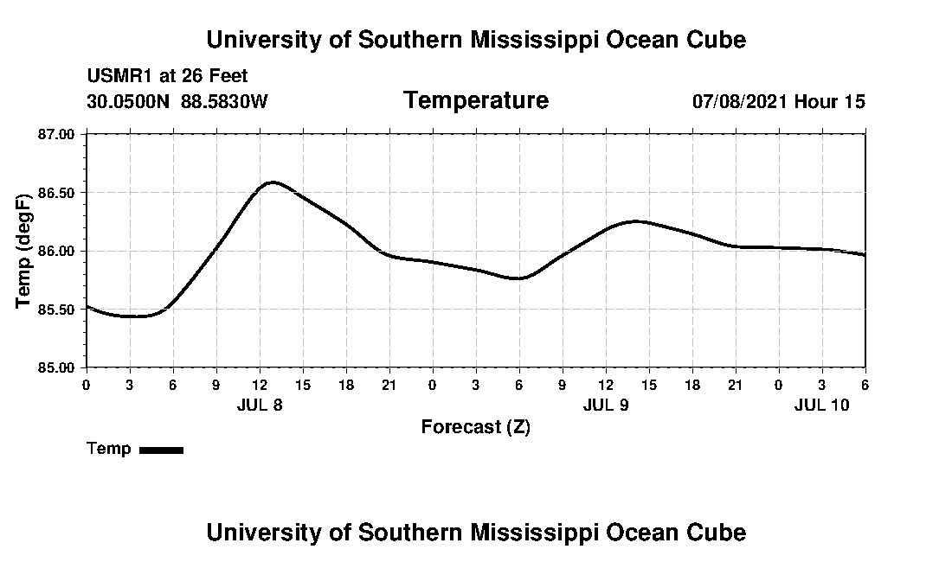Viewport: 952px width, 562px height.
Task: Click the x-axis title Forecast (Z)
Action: pos(475,427)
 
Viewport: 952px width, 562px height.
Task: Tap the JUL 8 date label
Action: pos(260,405)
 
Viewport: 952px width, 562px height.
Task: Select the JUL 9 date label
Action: pos(606,405)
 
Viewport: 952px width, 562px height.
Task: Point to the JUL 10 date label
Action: pos(822,405)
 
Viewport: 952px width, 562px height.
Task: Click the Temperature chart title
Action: pos(476,100)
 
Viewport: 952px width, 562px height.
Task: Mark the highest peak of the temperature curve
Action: pos(273,182)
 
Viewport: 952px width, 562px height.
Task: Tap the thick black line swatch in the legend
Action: pos(161,450)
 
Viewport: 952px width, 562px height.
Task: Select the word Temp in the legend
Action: pos(109,449)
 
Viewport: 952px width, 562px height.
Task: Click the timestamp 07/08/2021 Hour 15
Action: pos(778,101)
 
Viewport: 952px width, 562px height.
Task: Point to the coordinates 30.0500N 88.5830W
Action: pos(177,101)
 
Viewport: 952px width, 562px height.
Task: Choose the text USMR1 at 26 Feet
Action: pos(167,77)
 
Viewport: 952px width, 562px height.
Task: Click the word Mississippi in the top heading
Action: pos(519,40)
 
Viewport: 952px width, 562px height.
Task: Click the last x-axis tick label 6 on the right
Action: pos(865,385)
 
